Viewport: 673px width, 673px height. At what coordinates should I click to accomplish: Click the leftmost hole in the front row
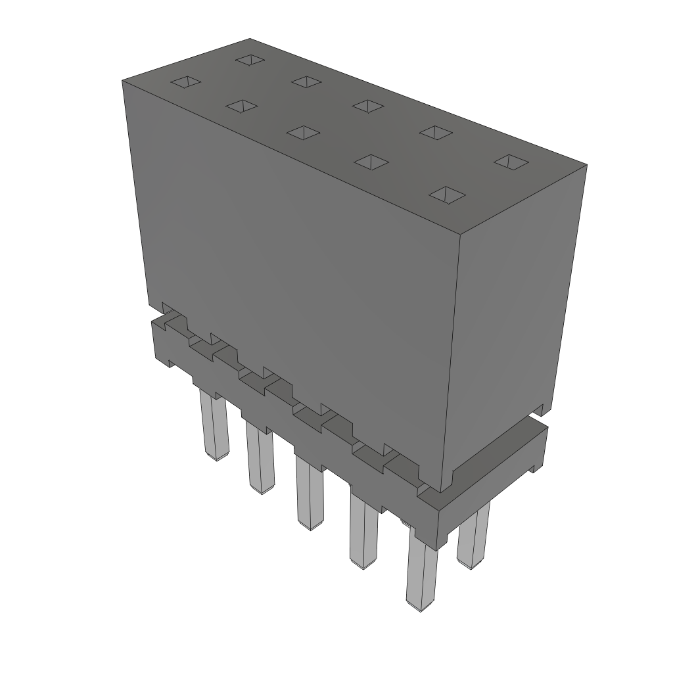click(186, 81)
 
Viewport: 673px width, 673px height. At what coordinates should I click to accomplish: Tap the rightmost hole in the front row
click(447, 194)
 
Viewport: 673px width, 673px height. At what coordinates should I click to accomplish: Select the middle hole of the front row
click(303, 132)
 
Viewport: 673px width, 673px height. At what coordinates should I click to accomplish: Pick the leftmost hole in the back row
click(250, 60)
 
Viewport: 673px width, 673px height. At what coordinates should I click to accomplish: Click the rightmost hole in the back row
click(511, 161)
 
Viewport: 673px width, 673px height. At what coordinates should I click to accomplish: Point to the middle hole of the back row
click(367, 105)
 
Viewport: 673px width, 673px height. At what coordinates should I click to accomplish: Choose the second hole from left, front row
click(241, 106)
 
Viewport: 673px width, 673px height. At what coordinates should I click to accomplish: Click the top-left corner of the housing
click(123, 81)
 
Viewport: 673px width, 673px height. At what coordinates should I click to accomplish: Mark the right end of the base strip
click(536, 447)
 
